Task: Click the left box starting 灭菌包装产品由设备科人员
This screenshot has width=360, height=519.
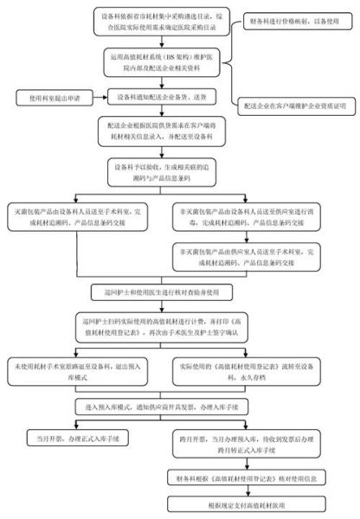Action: (80, 213)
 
